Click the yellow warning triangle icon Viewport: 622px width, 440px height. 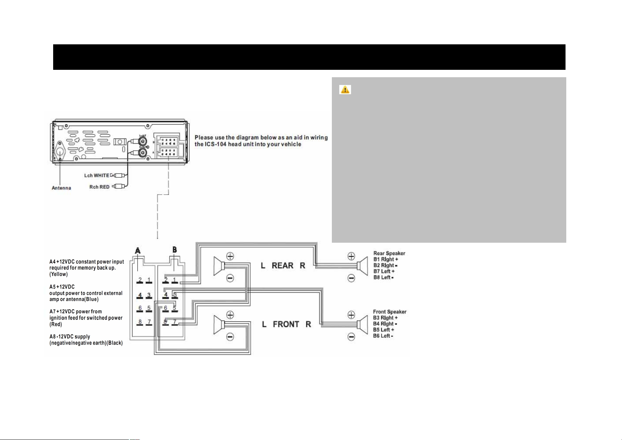tap(345, 90)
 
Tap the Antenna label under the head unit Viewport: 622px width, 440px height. tap(61, 188)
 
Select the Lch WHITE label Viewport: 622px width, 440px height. tap(97, 175)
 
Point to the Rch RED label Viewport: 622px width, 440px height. tap(99, 187)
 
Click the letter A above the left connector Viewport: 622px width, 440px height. tap(138, 251)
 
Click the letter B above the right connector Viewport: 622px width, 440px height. tap(175, 250)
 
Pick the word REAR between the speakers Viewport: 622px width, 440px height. tap(282, 266)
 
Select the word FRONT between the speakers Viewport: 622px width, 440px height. tap(286, 324)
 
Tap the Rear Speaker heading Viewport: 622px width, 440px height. tap(389, 253)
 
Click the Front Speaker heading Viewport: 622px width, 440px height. tap(389, 312)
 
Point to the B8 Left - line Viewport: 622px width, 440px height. tap(384, 277)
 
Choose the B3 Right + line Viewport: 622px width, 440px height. tap(385, 318)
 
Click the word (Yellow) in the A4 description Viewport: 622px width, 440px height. tap(59, 274)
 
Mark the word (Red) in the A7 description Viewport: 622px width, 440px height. tap(56, 324)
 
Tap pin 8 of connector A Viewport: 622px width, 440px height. tap(140, 322)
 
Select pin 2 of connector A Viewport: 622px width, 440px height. tap(140, 280)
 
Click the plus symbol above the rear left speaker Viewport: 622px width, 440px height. tap(230, 256)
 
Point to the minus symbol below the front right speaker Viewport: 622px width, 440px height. tap(351, 337)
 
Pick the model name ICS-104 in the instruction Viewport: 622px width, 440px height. tap(216, 144)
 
